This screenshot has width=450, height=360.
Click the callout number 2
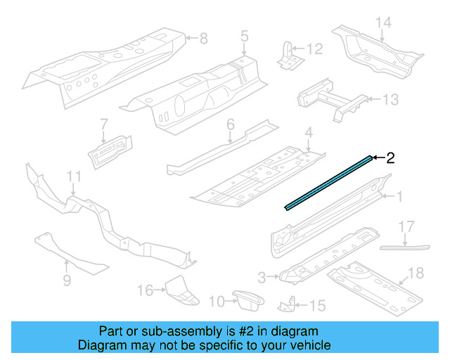[390, 158]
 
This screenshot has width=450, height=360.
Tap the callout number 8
[203, 38]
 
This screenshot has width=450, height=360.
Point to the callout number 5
[244, 35]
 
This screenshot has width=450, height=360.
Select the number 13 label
[390, 100]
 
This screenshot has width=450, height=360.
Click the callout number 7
[103, 123]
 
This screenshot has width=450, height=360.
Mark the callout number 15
[318, 305]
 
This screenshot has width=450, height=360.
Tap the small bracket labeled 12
[288, 56]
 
